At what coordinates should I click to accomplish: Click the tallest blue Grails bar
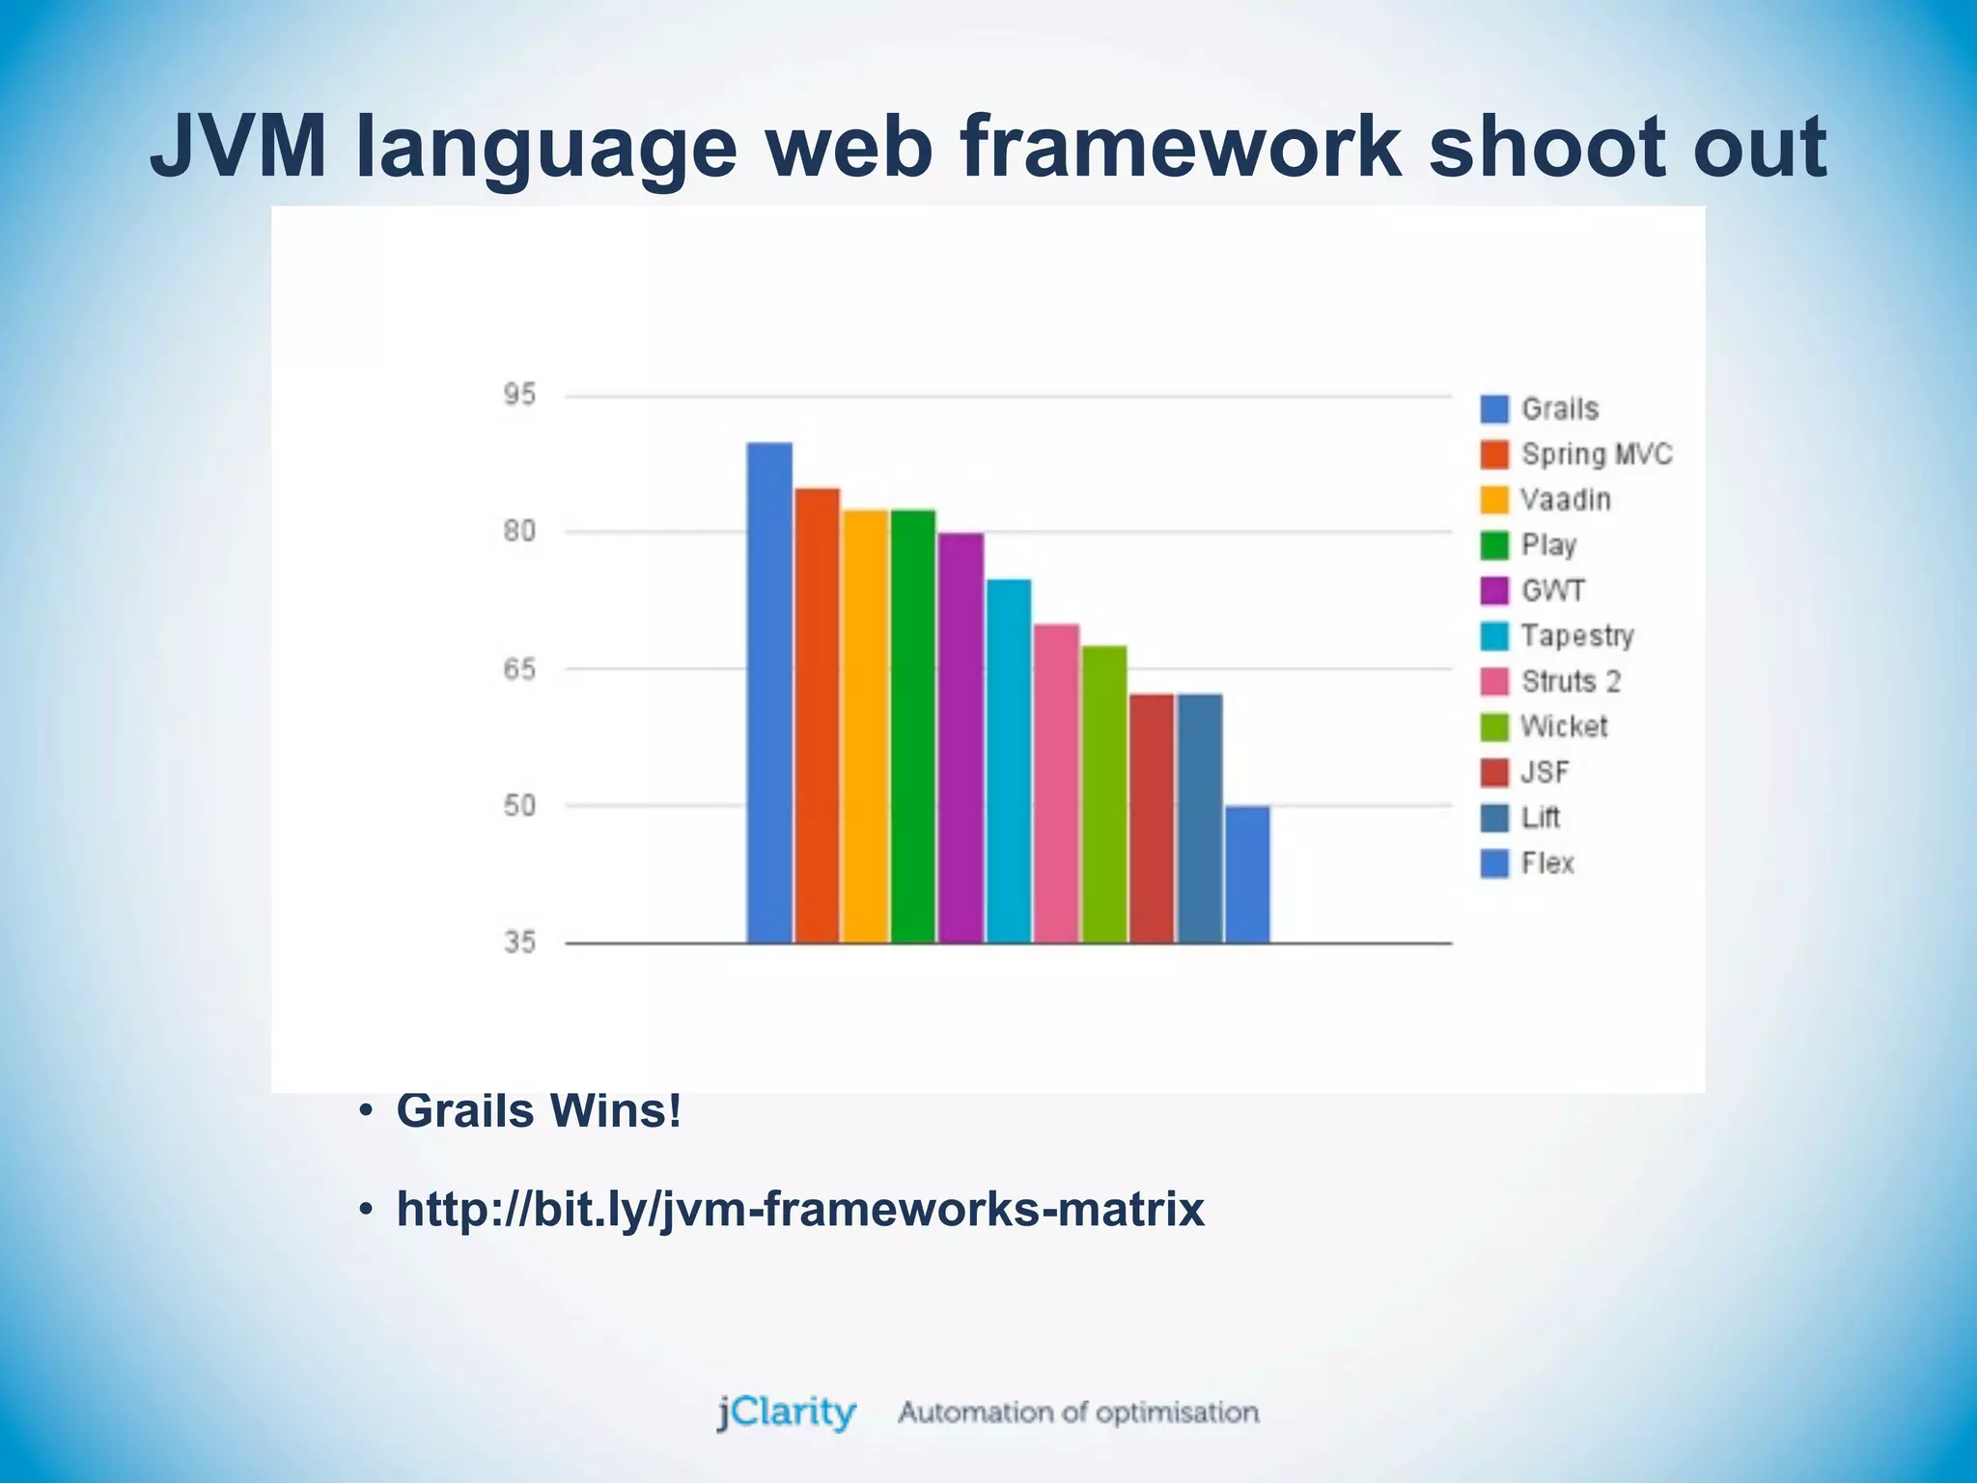click(769, 691)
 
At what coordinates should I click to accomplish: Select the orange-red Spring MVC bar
click(817, 714)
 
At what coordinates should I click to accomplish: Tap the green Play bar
click(912, 725)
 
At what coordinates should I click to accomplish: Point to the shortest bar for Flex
click(1247, 874)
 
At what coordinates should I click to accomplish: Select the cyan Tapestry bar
click(1008, 760)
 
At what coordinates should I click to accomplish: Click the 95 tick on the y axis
click(518, 395)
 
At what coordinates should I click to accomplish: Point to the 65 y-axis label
click(518, 669)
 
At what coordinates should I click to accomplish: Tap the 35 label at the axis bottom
click(518, 942)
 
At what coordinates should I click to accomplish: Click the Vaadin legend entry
click(1565, 500)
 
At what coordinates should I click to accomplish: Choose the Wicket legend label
click(1564, 727)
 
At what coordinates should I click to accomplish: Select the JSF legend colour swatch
click(1494, 772)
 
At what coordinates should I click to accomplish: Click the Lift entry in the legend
click(1541, 818)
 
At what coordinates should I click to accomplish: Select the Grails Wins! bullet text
click(539, 1110)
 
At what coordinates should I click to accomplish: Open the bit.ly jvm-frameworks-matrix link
click(800, 1209)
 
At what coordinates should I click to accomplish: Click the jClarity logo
click(786, 1413)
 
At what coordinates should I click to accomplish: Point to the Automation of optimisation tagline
click(1078, 1413)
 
